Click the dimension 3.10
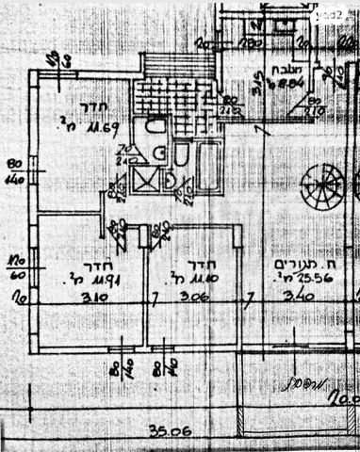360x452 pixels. [x=96, y=301]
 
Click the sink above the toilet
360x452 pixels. [x=156, y=126]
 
